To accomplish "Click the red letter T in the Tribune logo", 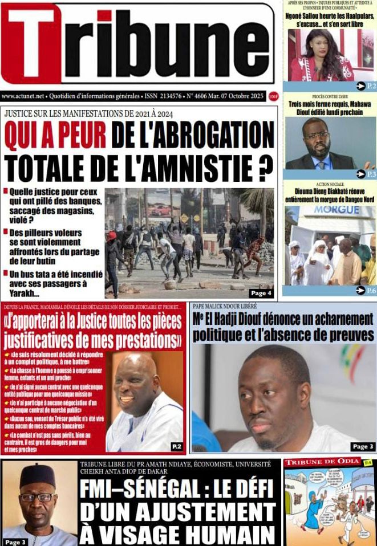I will coord(31,44).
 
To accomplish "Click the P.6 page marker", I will coord(366,290).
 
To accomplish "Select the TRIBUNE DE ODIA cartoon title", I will coord(323,462).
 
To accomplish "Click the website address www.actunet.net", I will coord(23,97).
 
